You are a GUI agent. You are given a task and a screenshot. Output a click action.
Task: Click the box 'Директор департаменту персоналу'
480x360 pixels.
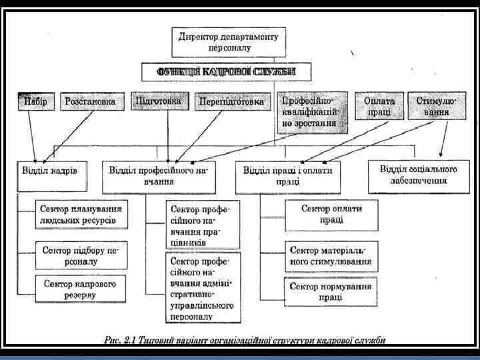[229, 41]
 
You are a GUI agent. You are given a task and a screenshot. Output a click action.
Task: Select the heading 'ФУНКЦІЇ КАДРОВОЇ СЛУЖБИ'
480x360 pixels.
[227, 71]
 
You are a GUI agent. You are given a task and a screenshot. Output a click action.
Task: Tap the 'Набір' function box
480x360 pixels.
[35, 102]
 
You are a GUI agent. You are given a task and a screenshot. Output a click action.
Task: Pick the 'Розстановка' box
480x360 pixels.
[93, 102]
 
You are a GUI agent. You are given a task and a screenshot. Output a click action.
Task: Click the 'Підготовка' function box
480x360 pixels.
[158, 101]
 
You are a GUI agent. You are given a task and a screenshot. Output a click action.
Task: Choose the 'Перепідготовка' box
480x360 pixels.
[231, 102]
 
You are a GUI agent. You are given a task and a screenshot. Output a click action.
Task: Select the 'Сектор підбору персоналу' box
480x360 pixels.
[79, 256]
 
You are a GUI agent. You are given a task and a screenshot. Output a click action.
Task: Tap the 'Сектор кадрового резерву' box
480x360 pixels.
[79, 289]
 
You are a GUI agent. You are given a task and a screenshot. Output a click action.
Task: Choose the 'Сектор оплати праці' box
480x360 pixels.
[331, 214]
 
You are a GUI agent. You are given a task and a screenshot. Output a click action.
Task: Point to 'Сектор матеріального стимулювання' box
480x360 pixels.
[331, 255]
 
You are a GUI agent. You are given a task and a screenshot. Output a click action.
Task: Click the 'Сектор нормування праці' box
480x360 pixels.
[331, 291]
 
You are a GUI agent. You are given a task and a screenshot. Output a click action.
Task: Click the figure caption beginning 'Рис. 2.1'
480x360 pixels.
[245, 341]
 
